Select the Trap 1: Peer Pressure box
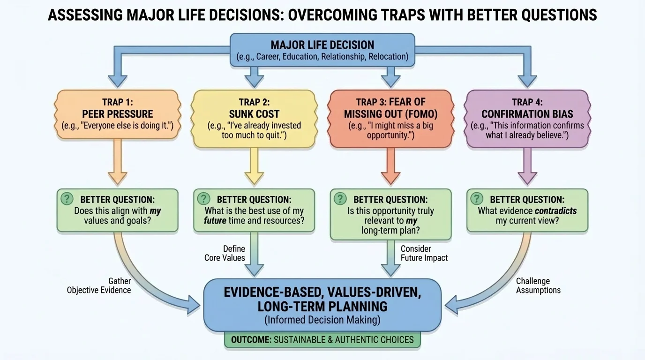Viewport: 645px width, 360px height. [118, 114]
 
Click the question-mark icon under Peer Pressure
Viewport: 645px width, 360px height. [68, 198]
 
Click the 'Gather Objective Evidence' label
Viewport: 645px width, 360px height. [99, 285]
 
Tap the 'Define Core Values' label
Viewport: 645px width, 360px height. [225, 253]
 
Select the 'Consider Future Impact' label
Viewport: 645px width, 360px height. [424, 253]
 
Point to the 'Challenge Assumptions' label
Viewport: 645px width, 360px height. [538, 285]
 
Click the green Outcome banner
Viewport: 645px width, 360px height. [322, 340]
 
